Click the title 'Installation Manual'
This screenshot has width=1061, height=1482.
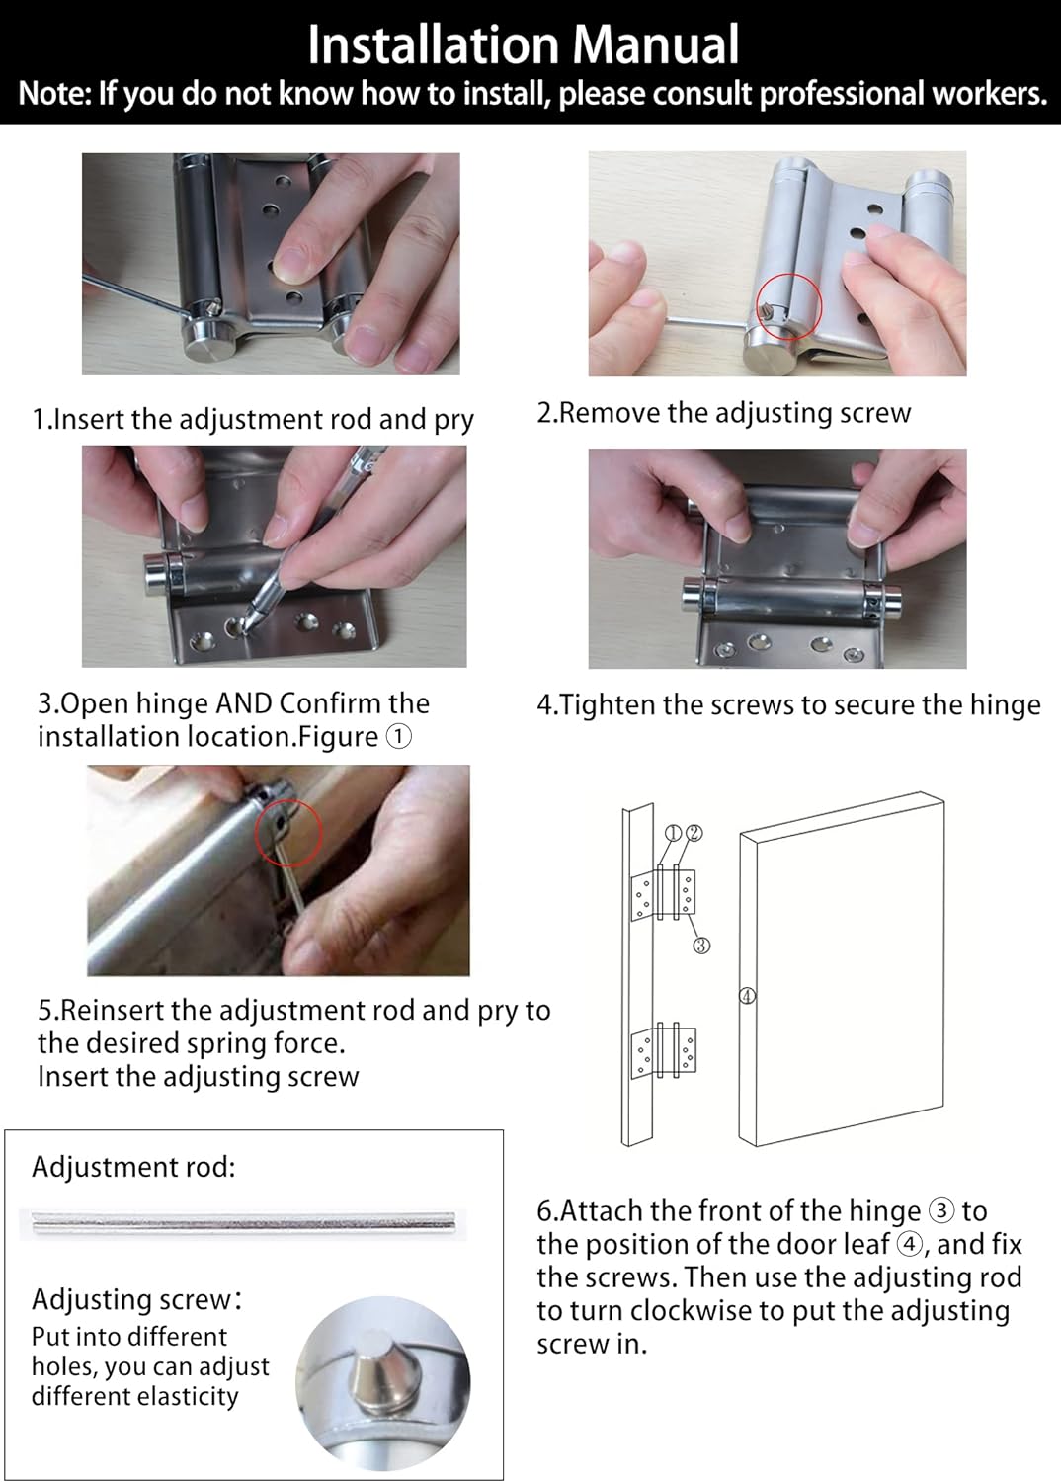click(523, 44)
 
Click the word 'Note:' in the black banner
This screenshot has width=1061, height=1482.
click(54, 94)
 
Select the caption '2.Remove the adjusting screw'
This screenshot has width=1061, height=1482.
click(723, 413)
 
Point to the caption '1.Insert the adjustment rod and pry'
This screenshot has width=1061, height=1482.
click(254, 419)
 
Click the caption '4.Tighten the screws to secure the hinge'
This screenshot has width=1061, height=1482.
click(788, 704)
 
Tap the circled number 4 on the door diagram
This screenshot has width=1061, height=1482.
click(748, 996)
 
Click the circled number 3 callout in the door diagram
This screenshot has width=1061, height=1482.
click(701, 946)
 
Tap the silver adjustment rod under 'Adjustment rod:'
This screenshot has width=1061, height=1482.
click(242, 1223)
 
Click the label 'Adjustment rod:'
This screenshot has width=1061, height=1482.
click(133, 1167)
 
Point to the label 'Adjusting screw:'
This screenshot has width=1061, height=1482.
click(136, 1299)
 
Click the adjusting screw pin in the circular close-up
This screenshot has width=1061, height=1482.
click(379, 1375)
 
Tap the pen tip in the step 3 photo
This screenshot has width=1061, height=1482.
click(248, 623)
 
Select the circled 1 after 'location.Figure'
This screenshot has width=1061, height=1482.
click(398, 737)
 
